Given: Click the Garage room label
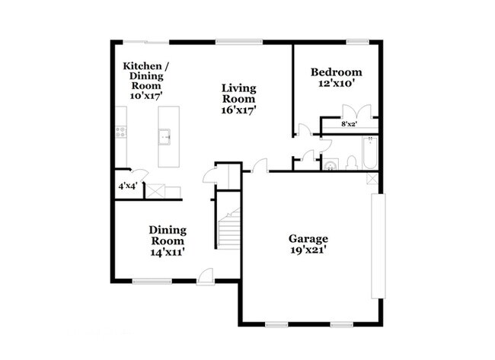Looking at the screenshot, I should click(308, 237).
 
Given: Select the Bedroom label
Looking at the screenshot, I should click(336, 72).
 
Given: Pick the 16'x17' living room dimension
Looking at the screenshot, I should click(238, 110).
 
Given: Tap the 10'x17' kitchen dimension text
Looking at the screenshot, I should click(146, 96).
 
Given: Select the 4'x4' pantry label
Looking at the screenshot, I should click(126, 186).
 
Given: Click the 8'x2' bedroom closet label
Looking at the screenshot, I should click(350, 123).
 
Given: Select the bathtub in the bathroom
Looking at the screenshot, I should click(370, 152).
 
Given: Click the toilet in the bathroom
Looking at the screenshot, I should click(351, 162).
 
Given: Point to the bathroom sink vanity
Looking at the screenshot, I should click(331, 163).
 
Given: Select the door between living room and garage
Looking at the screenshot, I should click(260, 166).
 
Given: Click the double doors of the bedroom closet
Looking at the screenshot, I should click(357, 110).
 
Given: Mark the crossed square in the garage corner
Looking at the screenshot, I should click(371, 178).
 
